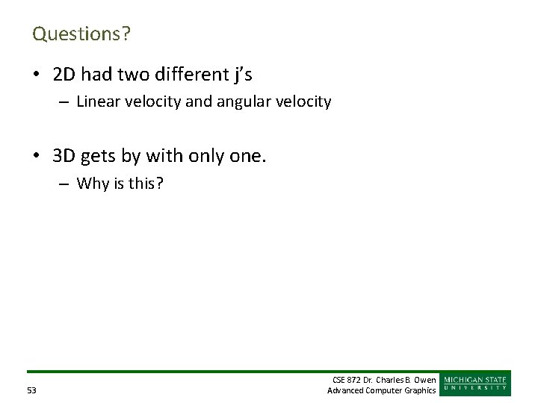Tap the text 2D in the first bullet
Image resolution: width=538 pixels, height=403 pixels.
coord(64,74)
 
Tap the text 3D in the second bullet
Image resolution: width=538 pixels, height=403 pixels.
coord(64,156)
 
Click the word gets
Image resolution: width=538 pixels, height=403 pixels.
coord(98,157)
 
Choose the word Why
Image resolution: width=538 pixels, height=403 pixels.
coord(92,184)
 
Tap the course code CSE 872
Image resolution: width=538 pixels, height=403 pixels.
coord(348,381)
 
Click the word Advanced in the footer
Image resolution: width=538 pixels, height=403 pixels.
coord(345,390)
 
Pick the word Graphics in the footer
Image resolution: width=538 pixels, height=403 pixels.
coord(421,390)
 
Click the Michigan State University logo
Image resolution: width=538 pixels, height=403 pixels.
coord(475,384)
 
